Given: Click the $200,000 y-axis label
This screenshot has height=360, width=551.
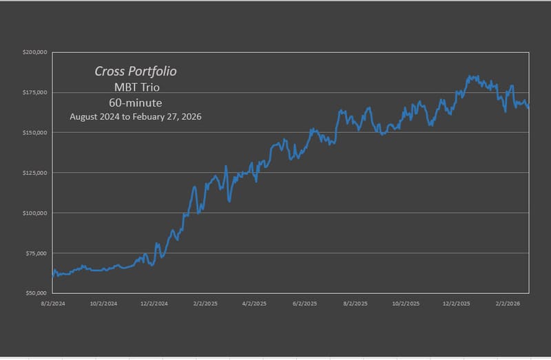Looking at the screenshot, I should [x=34, y=52].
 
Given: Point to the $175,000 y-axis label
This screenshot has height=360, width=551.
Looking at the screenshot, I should [x=34, y=92].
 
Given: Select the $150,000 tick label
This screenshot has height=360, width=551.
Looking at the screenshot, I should [x=34, y=132].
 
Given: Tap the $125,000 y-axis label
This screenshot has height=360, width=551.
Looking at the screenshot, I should [x=34, y=173].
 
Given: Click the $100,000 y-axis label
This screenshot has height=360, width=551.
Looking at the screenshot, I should [x=34, y=213].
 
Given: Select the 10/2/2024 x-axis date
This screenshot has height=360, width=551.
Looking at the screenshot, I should [x=103, y=302].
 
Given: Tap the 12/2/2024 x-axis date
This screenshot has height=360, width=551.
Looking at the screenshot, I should [x=154, y=302].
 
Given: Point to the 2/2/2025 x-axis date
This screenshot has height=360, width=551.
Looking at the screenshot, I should [x=205, y=302].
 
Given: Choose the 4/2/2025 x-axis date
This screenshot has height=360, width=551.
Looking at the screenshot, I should [x=254, y=302].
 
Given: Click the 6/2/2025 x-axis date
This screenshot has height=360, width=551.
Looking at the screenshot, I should [x=304, y=302].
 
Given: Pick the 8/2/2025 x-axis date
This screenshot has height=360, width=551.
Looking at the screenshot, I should [x=355, y=302].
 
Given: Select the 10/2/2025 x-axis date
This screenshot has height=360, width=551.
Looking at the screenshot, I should [x=406, y=302].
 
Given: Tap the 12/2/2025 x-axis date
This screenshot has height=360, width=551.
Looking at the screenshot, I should [x=457, y=302].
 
